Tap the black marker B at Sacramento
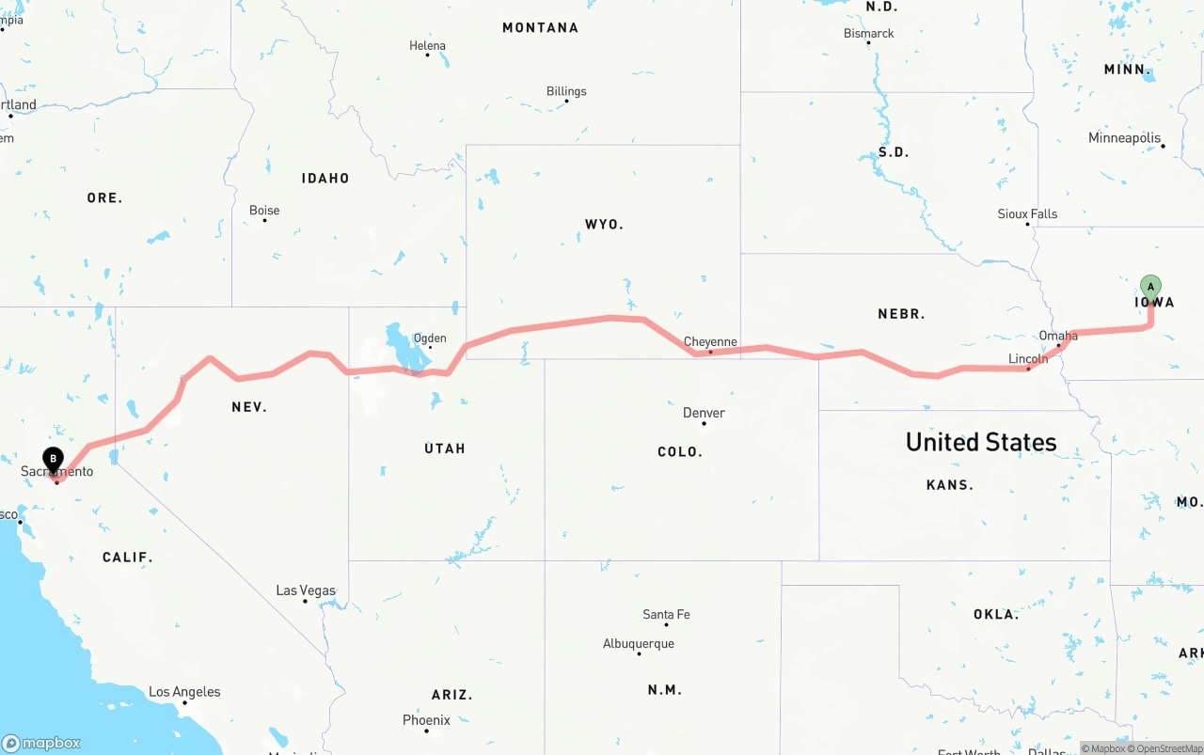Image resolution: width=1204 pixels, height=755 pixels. [54, 459]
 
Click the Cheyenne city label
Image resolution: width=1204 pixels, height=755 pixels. [710, 342]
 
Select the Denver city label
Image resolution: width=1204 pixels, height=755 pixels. [704, 413]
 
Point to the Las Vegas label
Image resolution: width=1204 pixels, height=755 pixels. [306, 590]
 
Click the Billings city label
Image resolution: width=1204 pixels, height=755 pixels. [566, 91]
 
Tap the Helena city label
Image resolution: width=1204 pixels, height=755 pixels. [427, 45]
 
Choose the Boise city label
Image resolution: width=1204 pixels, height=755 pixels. [264, 211]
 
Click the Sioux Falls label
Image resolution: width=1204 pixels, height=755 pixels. [1027, 214]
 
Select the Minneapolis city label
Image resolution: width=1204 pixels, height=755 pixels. [1124, 138]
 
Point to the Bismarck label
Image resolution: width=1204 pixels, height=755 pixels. [868, 33]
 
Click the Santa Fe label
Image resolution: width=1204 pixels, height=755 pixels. [666, 614]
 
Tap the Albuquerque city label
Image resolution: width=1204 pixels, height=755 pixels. [638, 644]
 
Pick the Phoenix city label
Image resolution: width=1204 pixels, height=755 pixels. [426, 720]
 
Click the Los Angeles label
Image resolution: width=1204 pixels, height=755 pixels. [184, 692]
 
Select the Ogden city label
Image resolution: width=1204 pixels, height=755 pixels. [430, 338]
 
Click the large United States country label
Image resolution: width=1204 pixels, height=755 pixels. [980, 442]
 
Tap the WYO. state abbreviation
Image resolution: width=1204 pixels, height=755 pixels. [604, 225]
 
